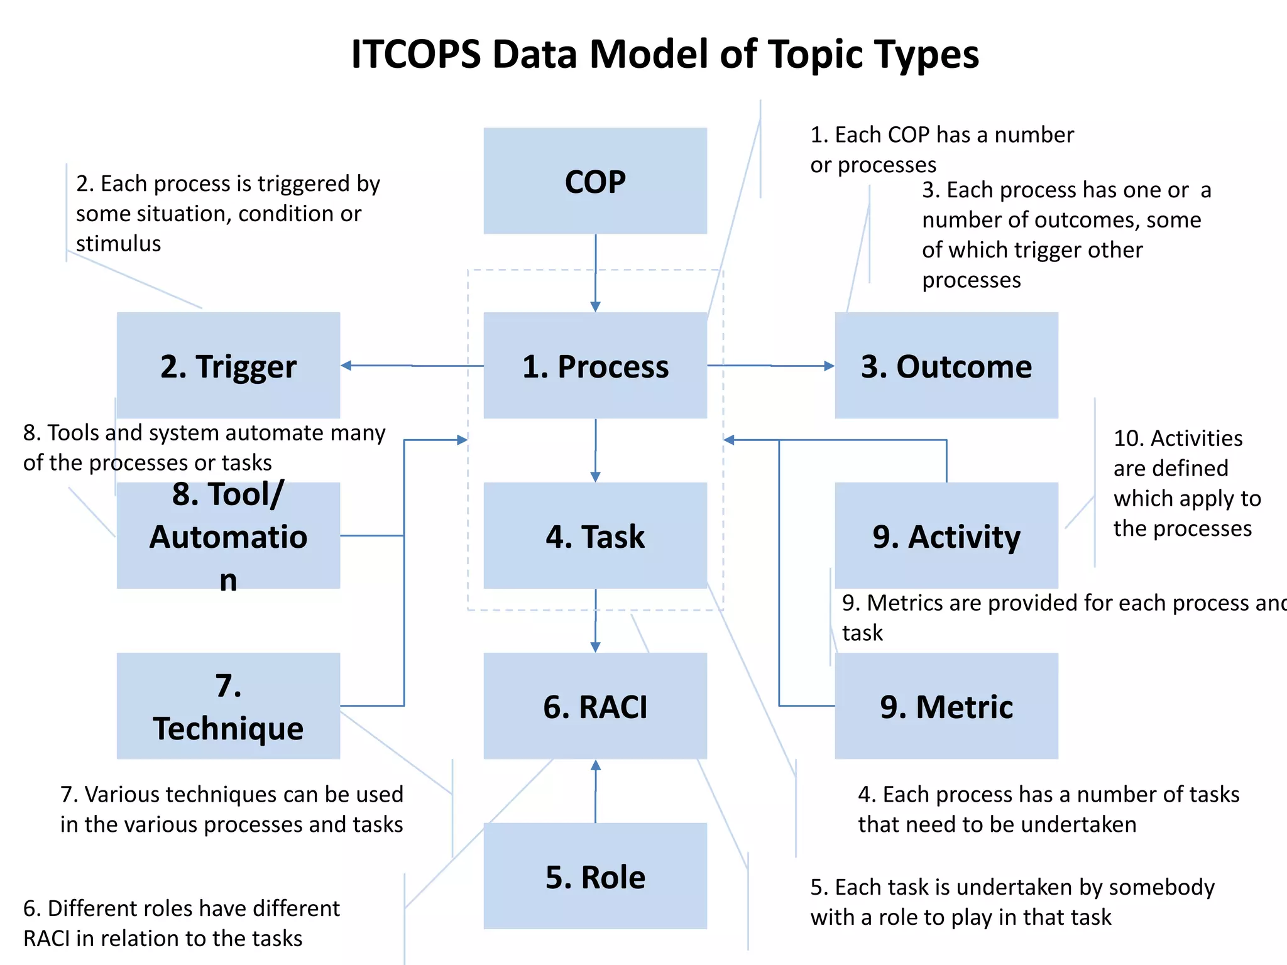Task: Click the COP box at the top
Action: coord(595,181)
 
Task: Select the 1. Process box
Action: coord(595,366)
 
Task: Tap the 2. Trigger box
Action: coord(228,366)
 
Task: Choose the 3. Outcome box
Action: coord(946,366)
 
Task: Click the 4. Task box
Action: coord(595,536)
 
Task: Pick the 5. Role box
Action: coord(595,876)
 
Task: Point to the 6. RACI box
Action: coord(595,706)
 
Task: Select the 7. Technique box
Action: coord(228,706)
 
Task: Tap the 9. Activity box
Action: coord(946,536)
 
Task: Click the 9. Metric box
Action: coord(946,706)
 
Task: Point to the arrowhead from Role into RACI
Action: coord(596,766)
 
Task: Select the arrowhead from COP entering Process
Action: coord(596,306)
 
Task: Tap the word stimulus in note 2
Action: coord(118,243)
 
